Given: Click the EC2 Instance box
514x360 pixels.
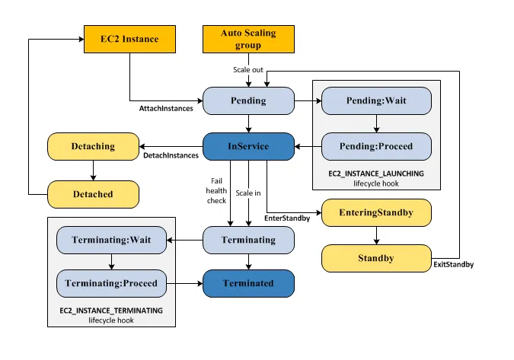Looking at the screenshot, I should pos(129,38).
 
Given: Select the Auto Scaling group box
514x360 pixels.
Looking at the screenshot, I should pos(248,38).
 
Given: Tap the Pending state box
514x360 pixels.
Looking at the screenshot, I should pos(248,100).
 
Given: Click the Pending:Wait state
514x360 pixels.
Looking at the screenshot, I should pos(376,100).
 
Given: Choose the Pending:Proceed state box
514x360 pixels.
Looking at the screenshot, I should pos(376,146).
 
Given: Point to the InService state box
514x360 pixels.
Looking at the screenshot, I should pos(248,146).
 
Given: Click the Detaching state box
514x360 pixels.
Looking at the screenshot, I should pos(93,146).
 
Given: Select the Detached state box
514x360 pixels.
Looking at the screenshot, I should pos(93,194).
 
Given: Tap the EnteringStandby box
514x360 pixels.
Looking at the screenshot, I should pos(376,212).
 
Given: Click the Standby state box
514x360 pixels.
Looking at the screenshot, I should pos(376,258).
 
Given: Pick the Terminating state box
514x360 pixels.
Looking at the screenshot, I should pos(248,240).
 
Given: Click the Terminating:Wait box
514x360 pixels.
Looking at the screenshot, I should pos(112,240).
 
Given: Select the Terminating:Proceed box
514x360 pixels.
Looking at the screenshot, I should pos(112,283).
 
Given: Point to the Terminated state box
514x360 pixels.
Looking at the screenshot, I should pos(248,283).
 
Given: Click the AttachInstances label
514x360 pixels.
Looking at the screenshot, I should pos(166,109).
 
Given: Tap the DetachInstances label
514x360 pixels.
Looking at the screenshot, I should pos(171,155).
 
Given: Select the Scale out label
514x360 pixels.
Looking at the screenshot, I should pos(248,69).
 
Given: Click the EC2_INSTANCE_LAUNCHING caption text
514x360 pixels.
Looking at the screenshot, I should pos(376,174).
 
